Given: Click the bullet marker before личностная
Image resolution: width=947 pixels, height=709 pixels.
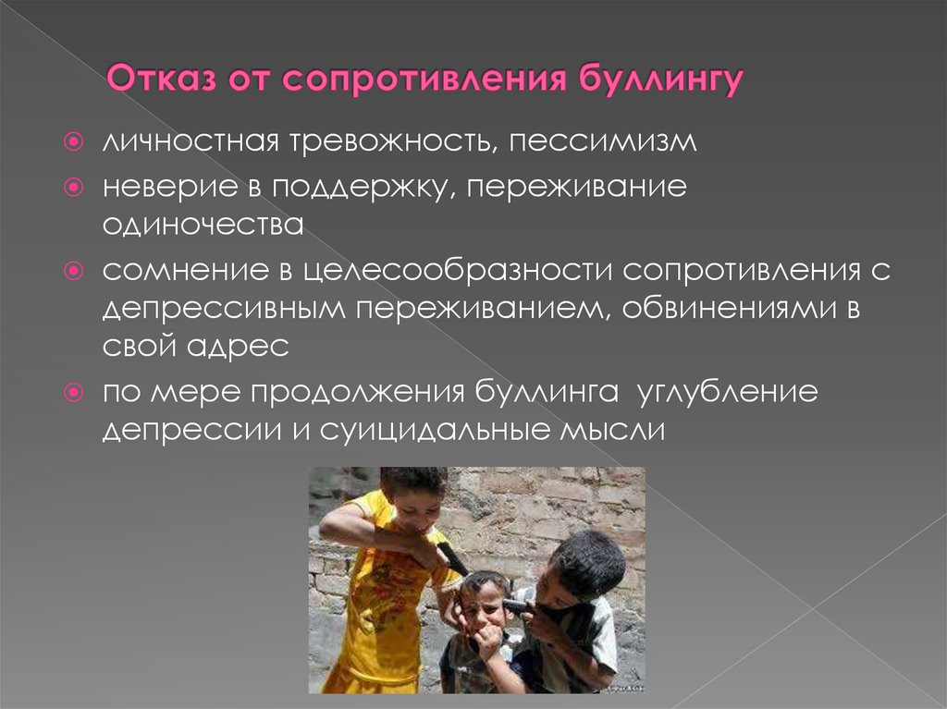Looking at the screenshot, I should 80,144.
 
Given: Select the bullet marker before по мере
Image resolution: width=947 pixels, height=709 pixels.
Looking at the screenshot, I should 80,391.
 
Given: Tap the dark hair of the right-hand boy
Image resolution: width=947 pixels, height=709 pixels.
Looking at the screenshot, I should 587,559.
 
